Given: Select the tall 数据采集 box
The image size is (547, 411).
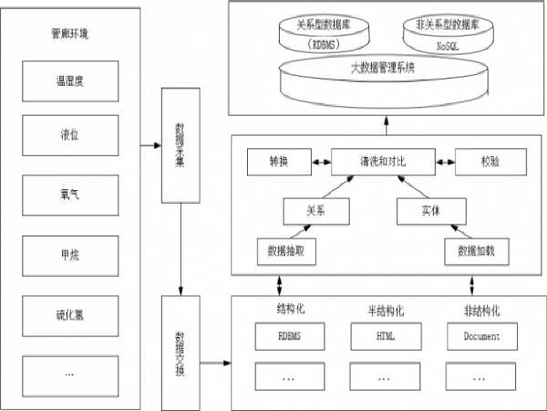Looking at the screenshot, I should (180, 146).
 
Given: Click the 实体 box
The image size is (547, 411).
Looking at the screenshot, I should (432, 211).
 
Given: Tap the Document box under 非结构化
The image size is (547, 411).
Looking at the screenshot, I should (481, 336).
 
